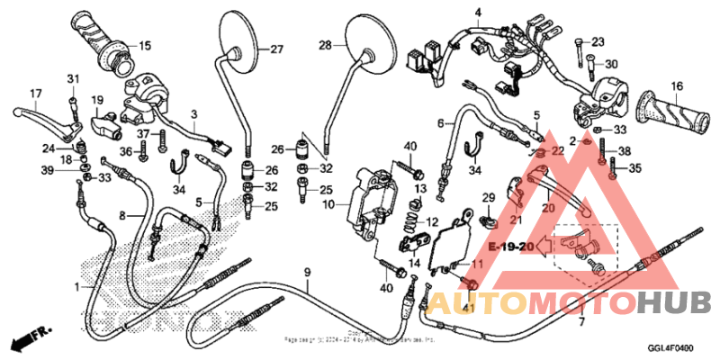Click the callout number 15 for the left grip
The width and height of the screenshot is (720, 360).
coord(145,46)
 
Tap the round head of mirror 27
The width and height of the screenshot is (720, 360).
coord(239,34)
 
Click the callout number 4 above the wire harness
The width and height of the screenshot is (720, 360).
coord(478,11)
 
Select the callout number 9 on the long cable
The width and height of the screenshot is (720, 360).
coord(307,273)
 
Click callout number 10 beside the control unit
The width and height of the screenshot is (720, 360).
coord(329,206)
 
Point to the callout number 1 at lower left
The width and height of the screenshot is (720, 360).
coord(76,287)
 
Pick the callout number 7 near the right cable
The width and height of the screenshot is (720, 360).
coord(580,321)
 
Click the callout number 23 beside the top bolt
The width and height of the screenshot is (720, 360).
coord(598,41)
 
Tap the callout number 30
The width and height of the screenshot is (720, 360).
coord(611,65)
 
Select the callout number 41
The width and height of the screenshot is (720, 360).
coord(467,308)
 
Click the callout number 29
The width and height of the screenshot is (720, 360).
coord(489,198)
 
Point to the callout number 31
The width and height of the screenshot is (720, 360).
coord(73,78)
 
